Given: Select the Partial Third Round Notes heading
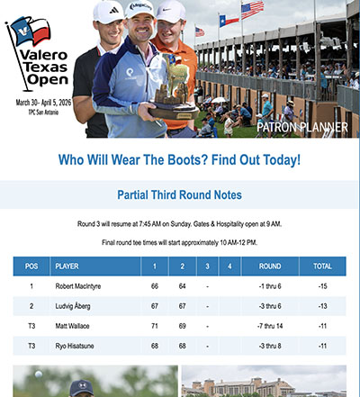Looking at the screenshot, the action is (180, 194).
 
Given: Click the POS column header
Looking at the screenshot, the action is (31, 266).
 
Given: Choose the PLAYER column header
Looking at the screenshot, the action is (67, 266).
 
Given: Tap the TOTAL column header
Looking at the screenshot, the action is (321, 266).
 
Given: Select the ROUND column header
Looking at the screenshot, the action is (269, 266).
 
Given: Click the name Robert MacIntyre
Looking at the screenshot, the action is (85, 286).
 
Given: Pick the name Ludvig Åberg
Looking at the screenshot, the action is (77, 306).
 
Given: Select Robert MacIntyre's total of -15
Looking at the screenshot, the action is (321, 286).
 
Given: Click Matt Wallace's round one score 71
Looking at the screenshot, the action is (155, 326).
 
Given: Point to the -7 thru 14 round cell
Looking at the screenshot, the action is (269, 326).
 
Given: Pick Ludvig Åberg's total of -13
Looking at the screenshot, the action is (321, 306).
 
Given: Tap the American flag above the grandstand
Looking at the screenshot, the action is (252, 11).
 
